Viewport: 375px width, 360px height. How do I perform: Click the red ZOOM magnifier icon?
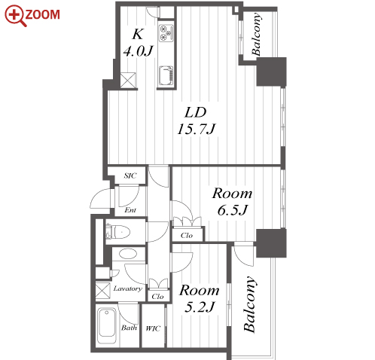(x=15, y=15)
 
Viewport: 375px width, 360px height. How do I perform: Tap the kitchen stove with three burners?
(x=166, y=32)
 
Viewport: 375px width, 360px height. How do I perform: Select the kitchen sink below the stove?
(x=166, y=75)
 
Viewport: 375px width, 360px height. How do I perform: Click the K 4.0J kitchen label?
(x=138, y=42)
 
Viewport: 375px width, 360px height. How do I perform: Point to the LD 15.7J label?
(x=196, y=121)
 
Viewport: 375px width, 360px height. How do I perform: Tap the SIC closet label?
(x=130, y=175)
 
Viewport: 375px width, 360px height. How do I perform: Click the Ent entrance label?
(x=130, y=210)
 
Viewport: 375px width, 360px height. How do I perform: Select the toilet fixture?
(x=117, y=231)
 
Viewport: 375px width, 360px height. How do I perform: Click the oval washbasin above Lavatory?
(x=128, y=254)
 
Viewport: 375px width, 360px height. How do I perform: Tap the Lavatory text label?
(x=128, y=288)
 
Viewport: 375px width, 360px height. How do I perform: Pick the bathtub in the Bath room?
(x=107, y=325)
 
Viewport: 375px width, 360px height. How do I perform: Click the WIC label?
(x=153, y=328)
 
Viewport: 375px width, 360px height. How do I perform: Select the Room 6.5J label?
(x=232, y=202)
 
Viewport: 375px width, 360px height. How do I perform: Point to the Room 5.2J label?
(x=200, y=298)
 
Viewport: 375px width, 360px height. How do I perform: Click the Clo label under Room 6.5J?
(x=187, y=235)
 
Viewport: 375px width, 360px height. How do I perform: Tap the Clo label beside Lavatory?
(x=157, y=297)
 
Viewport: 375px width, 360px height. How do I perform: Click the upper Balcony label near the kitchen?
(x=256, y=34)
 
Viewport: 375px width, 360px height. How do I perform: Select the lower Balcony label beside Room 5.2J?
(x=250, y=304)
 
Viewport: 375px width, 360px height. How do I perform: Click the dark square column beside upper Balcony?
(x=271, y=72)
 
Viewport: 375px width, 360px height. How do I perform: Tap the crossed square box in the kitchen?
(x=128, y=81)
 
